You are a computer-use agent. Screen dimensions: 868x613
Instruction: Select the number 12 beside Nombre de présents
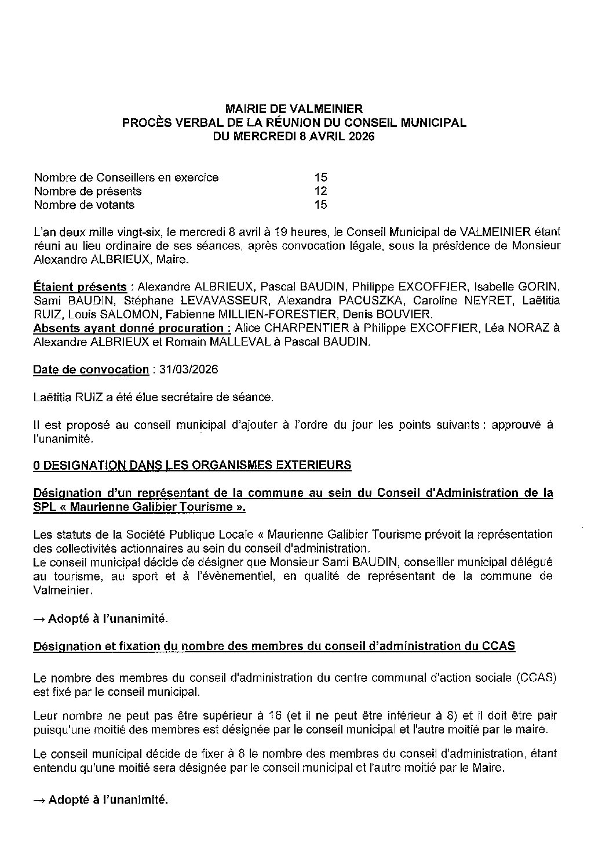[321, 191]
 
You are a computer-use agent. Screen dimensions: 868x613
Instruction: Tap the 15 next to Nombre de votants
[321, 205]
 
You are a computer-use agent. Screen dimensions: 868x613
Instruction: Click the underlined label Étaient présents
[80, 287]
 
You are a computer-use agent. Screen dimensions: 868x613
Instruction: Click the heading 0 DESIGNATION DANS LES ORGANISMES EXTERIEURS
[192, 465]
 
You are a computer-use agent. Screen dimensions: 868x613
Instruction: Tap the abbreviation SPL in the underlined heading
[45, 507]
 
